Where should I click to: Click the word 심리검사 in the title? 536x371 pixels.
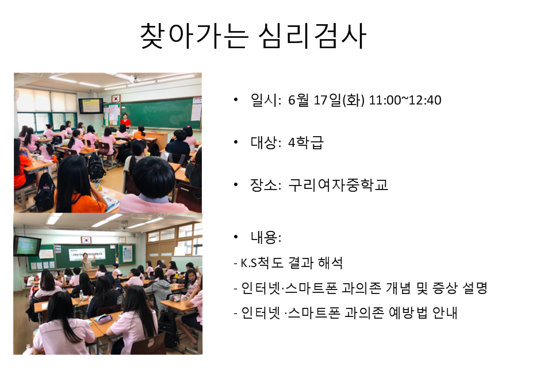coord(312,36)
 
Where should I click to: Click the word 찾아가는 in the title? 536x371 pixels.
coord(194,36)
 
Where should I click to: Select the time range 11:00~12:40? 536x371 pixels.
coord(405,100)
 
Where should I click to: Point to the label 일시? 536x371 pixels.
coord(266,100)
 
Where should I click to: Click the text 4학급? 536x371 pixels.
coord(305,142)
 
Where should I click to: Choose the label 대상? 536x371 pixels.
coord(266,142)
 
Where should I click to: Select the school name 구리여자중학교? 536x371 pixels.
coord(338,185)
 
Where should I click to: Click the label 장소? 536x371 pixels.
coord(266,185)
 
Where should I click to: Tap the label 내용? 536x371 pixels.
coord(266,237)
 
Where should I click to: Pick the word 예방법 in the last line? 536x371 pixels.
coord(408,312)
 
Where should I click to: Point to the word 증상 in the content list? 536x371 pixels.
coord(445,288)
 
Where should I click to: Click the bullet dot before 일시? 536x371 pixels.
coord(236,100)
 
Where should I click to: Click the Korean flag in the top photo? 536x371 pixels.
coord(116,98)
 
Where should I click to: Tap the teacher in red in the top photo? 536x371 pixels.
coord(125,121)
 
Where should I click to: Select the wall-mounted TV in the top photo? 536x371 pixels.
coord(91,106)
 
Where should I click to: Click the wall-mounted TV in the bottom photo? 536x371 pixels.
coord(27,245)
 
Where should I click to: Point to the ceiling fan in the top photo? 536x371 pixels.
coord(137,78)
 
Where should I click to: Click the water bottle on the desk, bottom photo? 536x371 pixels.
coord(81,296)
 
